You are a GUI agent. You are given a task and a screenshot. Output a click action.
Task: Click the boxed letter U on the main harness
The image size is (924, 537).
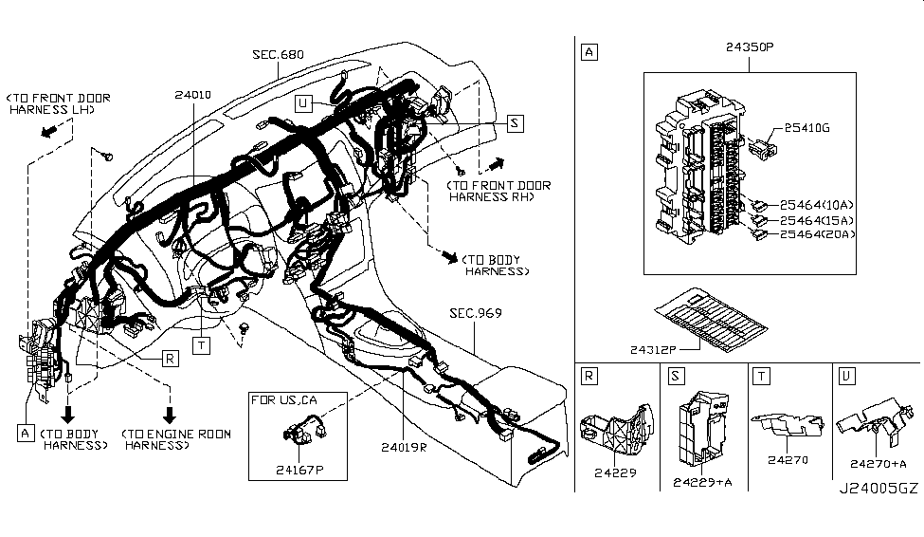point(304,104)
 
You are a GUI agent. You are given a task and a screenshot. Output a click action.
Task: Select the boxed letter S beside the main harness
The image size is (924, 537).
point(515,123)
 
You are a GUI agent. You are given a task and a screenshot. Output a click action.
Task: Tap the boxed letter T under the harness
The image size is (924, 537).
point(202,345)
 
